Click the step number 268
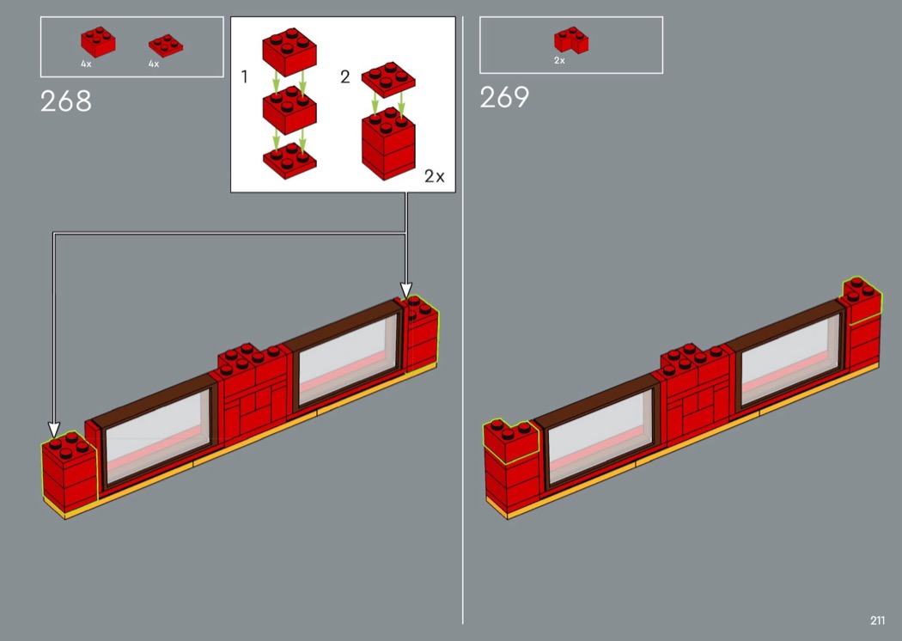(x=65, y=101)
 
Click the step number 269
(x=504, y=97)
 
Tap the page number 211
(x=877, y=620)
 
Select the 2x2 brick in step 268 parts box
(x=98, y=41)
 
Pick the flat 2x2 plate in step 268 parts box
(x=166, y=46)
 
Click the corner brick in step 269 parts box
(x=570, y=40)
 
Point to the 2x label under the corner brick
(x=559, y=60)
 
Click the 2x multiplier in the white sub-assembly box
(x=435, y=176)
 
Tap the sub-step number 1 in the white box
(x=245, y=76)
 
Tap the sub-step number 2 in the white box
(x=345, y=76)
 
